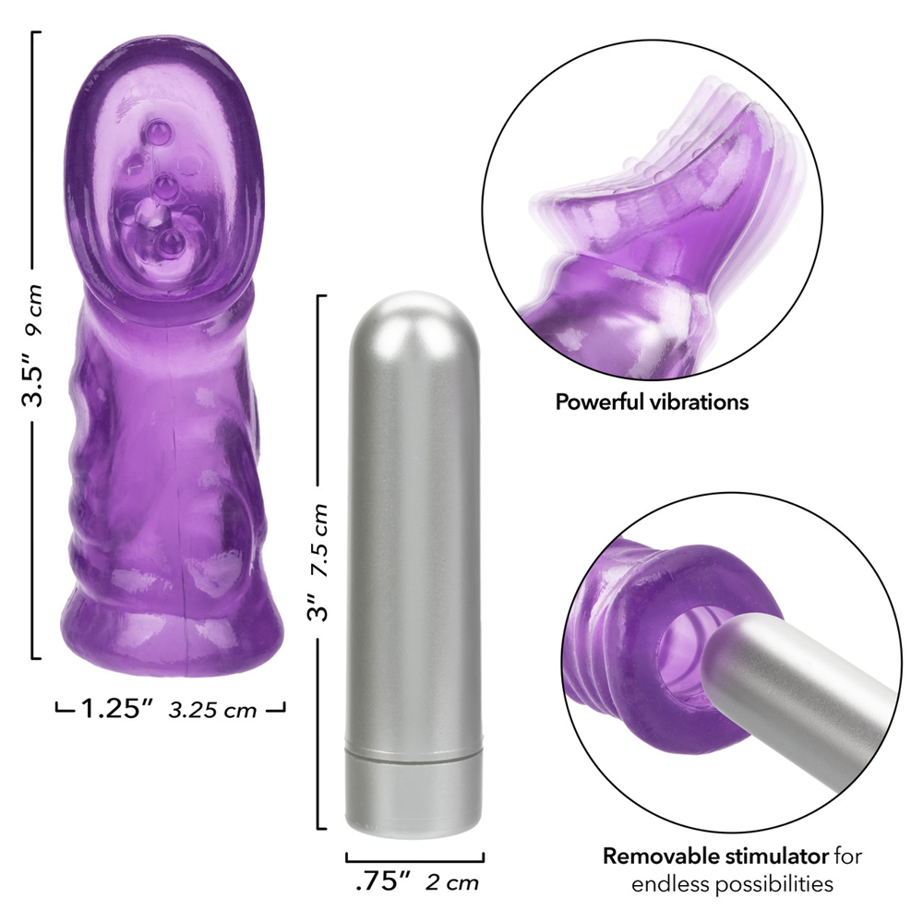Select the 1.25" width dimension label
pos(116,709)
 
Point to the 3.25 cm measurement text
pos(212,710)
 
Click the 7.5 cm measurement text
pos(319,540)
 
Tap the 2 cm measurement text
pos(452,882)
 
